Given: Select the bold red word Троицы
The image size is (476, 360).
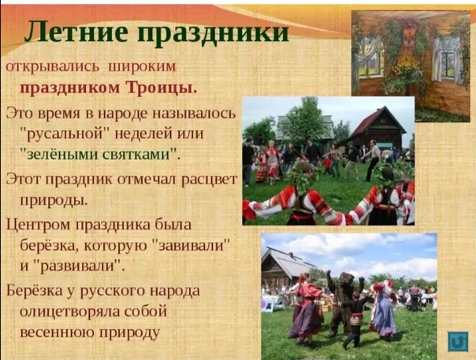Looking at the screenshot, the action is click(161, 88).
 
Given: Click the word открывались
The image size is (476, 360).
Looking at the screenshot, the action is click(53, 67).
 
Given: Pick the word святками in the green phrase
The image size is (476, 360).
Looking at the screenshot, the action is click(139, 154).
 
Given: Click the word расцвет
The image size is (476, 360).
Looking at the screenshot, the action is click(209, 180).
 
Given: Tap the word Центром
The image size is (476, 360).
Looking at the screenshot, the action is click(39, 225).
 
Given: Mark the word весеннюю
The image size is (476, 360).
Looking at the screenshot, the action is click(57, 332).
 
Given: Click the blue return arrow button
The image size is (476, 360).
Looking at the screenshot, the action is click(458, 342).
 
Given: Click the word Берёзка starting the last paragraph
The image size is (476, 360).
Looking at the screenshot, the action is click(34, 291).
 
